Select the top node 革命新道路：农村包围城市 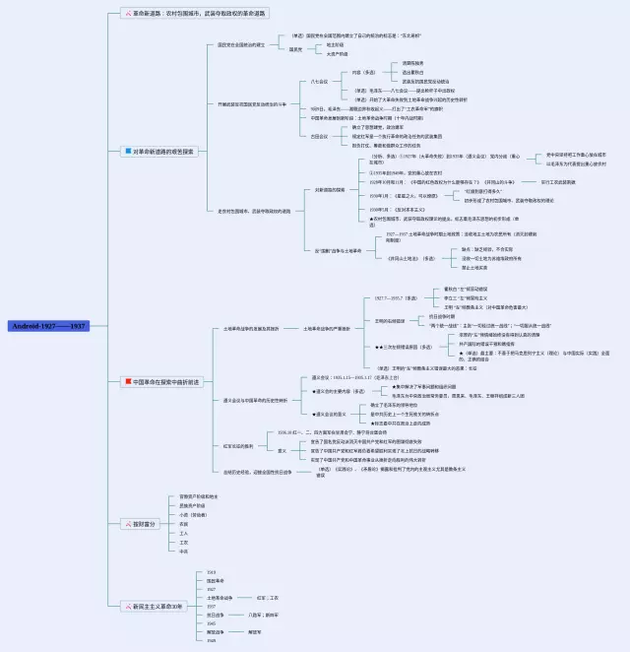coord(198,13)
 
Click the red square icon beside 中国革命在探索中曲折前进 coord(125,381)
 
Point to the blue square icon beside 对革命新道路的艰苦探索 coord(125,151)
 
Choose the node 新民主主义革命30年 coord(158,605)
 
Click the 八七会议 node coord(319,81)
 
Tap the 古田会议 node coord(319,136)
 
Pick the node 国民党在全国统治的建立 coord(240,44)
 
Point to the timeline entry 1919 coord(211,571)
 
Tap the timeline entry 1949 coord(211,640)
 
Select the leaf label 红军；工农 coord(268,597)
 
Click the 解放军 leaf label coord(255,631)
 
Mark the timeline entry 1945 coord(211,622)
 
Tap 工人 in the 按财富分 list coord(183,533)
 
